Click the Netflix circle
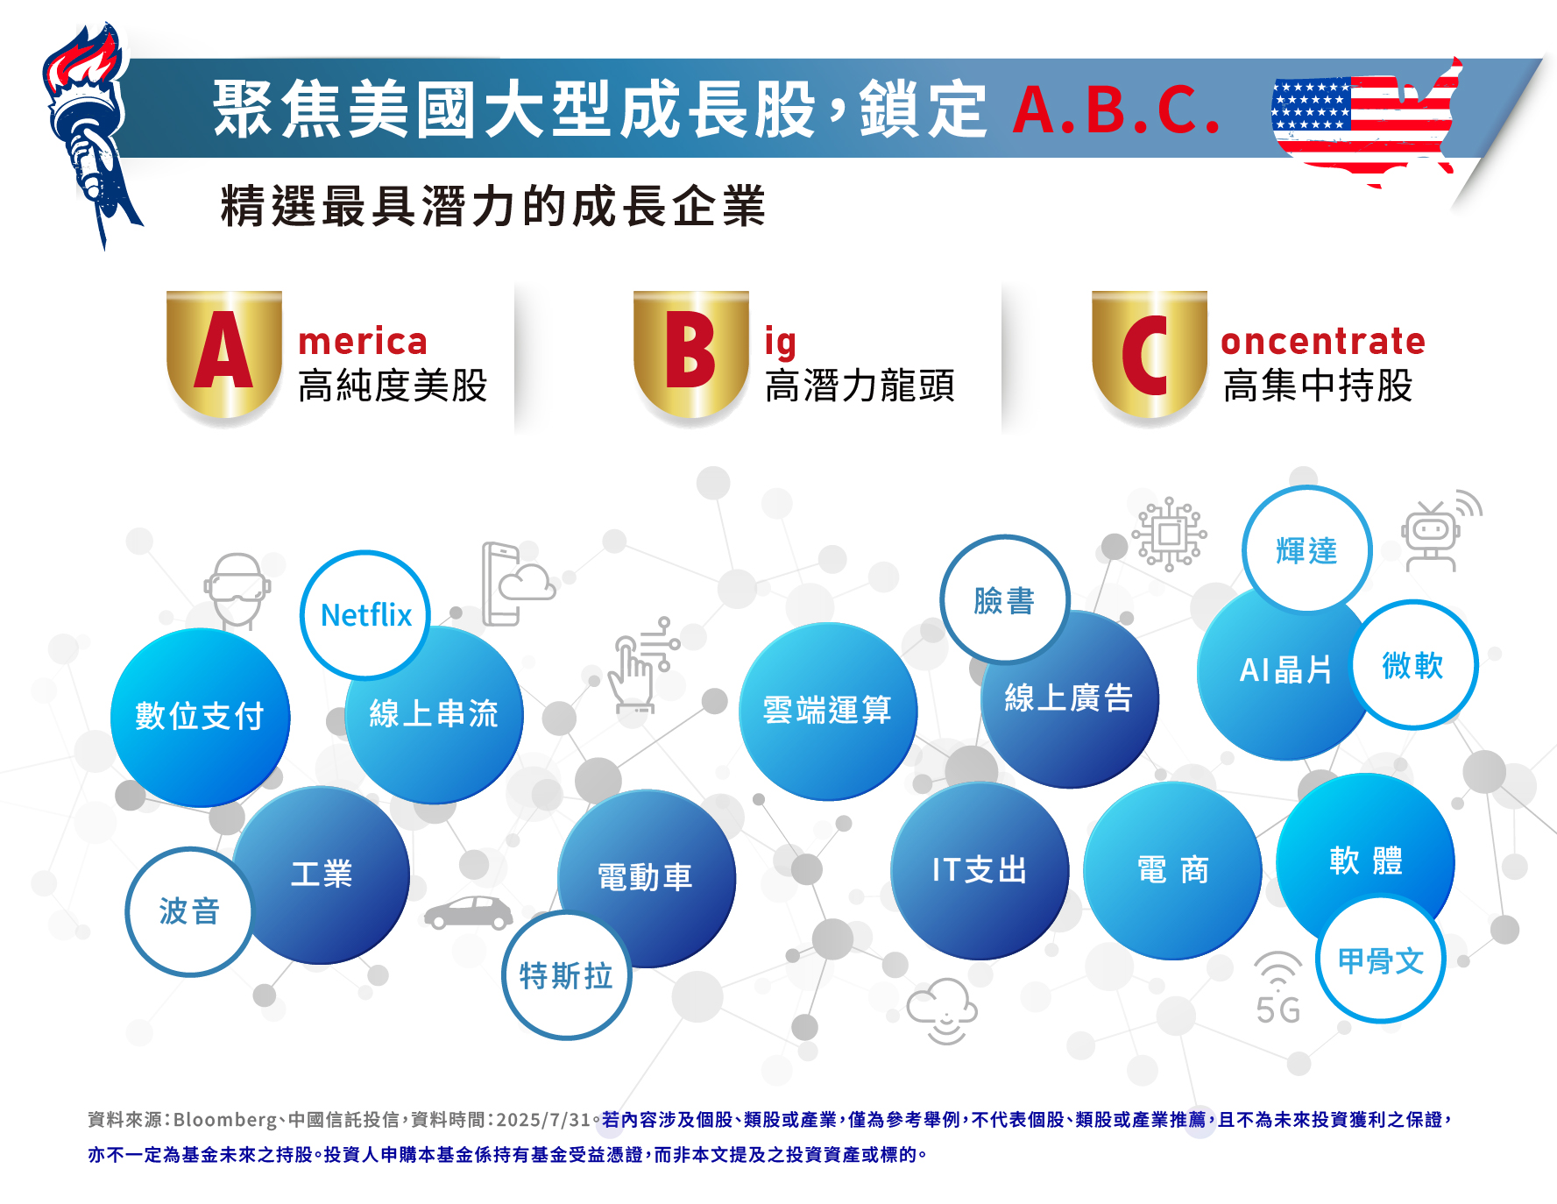[365, 615]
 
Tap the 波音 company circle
[189, 911]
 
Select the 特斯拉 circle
[566, 975]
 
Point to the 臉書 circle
[1005, 600]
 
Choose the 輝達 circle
[1306, 550]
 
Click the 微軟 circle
[1412, 665]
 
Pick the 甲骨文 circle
[1381, 960]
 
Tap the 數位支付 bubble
[200, 717]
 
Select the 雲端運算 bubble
[827, 711]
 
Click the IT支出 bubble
[980, 870]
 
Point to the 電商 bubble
[1172, 870]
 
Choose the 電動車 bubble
[646, 877]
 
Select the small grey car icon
[469, 912]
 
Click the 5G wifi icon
[1277, 988]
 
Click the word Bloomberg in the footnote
[225, 1120]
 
